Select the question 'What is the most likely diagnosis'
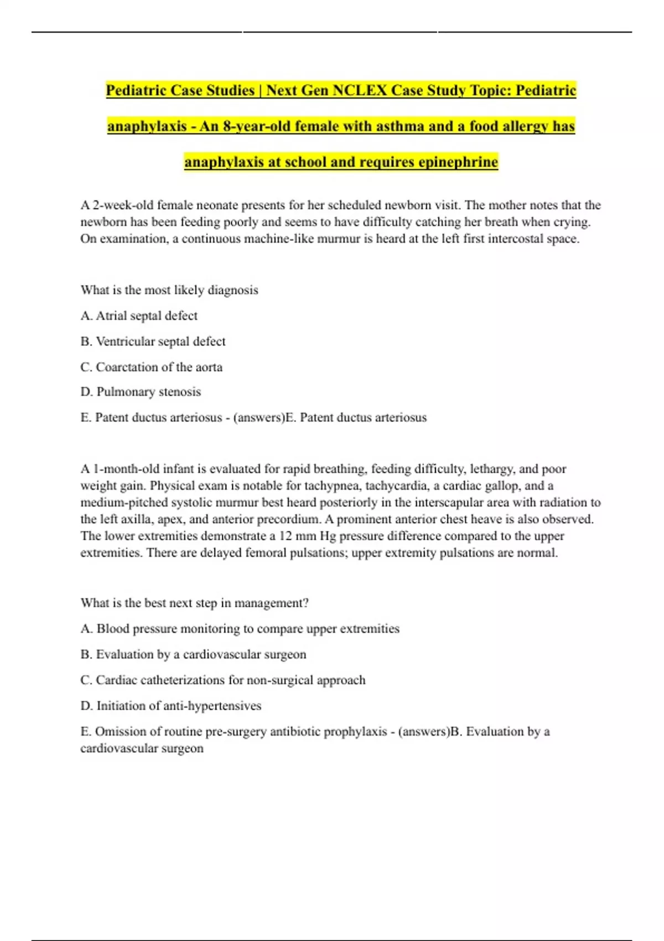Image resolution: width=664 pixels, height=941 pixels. coord(169,290)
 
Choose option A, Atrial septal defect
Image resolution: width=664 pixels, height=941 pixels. coord(139,316)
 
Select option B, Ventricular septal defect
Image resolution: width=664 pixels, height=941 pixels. coord(153,342)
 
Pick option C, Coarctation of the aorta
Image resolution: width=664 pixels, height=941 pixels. coord(151,367)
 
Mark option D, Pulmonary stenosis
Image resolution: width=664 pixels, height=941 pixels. coord(141,392)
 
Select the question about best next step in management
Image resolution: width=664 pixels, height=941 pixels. coord(194,603)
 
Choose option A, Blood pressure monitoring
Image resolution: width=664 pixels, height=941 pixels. coord(240,629)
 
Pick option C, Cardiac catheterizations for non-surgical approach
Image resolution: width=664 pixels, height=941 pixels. coord(223,680)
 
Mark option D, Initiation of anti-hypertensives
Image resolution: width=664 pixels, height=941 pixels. coord(170,706)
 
